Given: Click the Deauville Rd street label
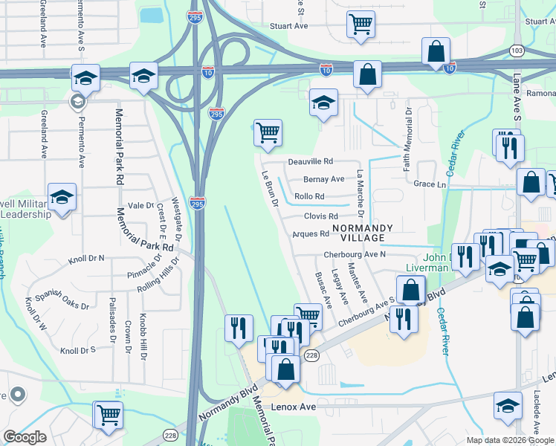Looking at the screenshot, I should tap(311, 161).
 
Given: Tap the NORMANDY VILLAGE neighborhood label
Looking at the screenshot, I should tap(358, 233).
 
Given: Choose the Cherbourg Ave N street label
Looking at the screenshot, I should tap(355, 254).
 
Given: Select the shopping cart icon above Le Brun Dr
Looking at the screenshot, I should tap(268, 133).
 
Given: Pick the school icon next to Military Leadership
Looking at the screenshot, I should tap(62, 197).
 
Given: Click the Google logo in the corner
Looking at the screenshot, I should tap(25, 437).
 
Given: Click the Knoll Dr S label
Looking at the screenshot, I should tap(78, 349).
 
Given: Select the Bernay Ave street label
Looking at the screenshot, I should tap(324, 179).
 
